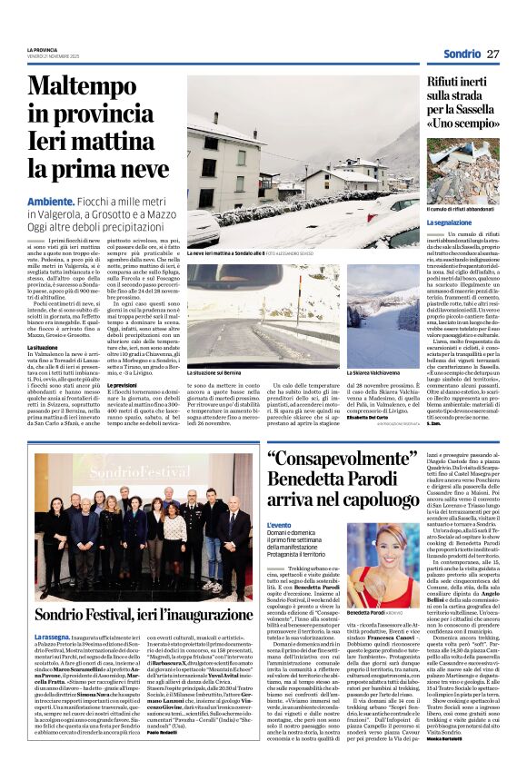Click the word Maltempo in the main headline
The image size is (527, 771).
tap(83, 86)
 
